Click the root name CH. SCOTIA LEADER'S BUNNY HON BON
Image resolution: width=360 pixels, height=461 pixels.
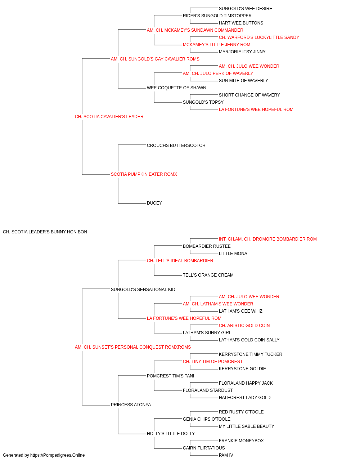[x=45, y=232]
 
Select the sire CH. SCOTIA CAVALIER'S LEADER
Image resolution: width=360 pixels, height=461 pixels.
[x=109, y=117]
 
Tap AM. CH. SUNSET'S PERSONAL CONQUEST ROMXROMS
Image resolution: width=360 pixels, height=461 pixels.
[x=133, y=347]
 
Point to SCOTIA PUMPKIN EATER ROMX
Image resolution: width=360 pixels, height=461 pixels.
[x=144, y=174]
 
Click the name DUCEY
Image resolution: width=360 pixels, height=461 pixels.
[x=154, y=203]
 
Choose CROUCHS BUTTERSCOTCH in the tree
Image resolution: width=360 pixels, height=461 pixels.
[x=176, y=146]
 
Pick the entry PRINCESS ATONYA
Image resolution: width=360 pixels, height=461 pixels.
[x=131, y=405]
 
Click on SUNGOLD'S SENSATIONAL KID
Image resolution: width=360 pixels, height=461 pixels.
[x=143, y=290]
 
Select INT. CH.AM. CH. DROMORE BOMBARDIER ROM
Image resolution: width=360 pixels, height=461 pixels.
[x=267, y=239]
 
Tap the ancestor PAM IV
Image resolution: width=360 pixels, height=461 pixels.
[x=226, y=455]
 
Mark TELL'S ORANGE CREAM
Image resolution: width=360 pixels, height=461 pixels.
[x=208, y=275]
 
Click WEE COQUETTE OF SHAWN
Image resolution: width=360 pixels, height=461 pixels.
[x=176, y=88]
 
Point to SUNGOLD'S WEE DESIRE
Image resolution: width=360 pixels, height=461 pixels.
[x=245, y=9]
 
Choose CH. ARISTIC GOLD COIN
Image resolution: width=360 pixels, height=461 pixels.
[x=244, y=326]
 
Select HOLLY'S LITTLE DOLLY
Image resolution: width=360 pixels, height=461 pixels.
[x=171, y=434]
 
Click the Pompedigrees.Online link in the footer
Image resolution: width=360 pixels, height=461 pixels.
[x=57, y=455]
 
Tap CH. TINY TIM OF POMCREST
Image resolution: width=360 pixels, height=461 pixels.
[x=212, y=362]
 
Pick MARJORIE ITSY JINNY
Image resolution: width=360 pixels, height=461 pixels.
[x=242, y=52]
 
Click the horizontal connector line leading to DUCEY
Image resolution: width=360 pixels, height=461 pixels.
[x=132, y=203]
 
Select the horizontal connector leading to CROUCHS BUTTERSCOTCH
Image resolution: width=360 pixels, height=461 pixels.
[x=132, y=145]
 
